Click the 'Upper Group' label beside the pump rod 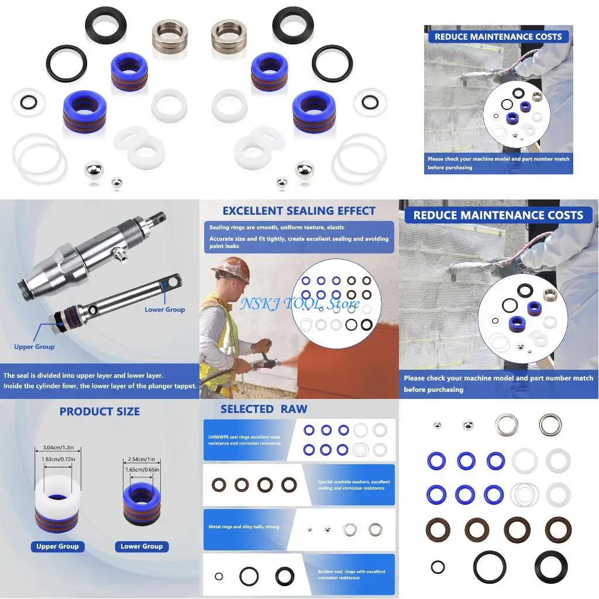click(x=35, y=347)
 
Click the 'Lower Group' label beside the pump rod click(x=164, y=309)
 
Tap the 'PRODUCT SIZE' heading click(x=99, y=412)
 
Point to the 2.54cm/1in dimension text click(x=142, y=460)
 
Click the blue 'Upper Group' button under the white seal click(x=57, y=546)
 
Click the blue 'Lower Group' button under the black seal click(x=142, y=546)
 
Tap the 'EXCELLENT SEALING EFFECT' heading click(x=299, y=211)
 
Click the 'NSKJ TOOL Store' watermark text click(x=299, y=304)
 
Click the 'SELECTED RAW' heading click(x=263, y=409)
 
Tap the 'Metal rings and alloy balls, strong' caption click(x=243, y=527)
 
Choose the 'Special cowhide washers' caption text click(x=354, y=485)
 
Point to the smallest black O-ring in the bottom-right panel click(x=438, y=567)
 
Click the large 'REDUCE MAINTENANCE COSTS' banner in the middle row click(x=498, y=215)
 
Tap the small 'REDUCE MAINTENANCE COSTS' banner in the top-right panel click(x=498, y=37)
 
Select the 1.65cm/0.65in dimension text click(x=142, y=470)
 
